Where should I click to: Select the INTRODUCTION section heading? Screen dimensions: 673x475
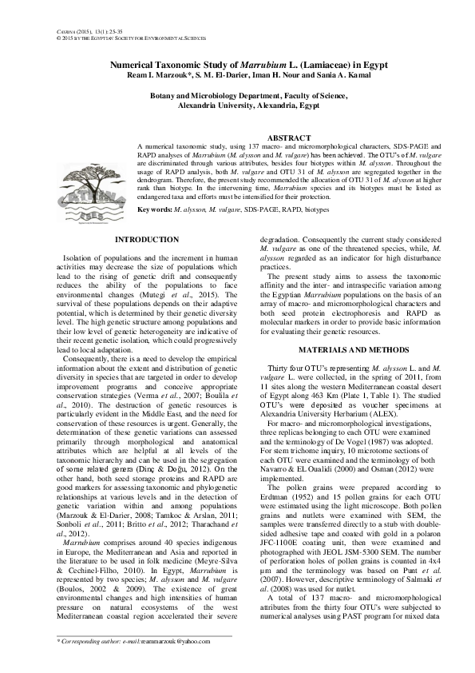coord(147,240)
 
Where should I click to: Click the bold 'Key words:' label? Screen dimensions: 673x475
coord(155,209)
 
